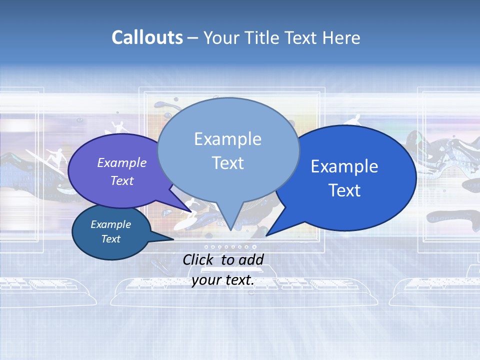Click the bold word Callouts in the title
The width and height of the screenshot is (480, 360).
[147, 37]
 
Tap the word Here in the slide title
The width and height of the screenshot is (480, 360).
[341, 37]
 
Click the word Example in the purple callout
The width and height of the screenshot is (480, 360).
[122, 162]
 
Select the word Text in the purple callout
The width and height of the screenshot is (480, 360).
[122, 180]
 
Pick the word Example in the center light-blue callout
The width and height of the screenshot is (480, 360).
[227, 138]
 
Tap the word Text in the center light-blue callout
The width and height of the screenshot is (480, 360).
[227, 162]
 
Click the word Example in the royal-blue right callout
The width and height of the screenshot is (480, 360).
[344, 166]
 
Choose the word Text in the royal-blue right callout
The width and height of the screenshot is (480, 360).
[344, 190]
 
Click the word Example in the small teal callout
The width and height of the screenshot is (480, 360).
[110, 224]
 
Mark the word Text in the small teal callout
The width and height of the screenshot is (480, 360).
[110, 239]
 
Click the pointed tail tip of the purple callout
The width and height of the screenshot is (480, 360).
[191, 210]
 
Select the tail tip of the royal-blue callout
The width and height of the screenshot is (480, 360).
[266, 235]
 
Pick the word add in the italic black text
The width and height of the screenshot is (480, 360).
[251, 259]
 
